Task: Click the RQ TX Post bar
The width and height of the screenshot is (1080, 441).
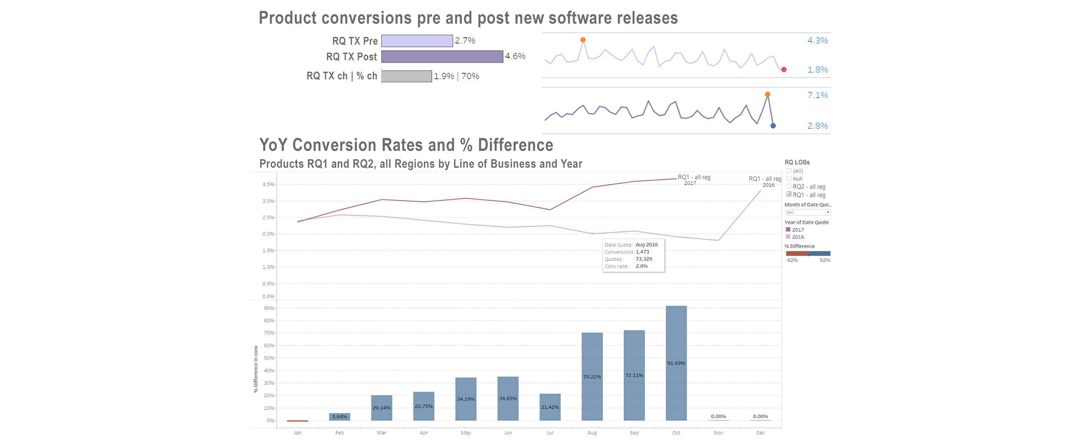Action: click(x=442, y=57)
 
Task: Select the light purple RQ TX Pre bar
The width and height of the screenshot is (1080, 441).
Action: click(x=417, y=41)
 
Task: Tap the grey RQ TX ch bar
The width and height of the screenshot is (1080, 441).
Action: click(x=406, y=76)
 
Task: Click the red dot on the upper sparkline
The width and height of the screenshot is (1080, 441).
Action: click(x=784, y=70)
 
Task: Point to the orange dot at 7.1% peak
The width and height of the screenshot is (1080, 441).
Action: click(x=767, y=94)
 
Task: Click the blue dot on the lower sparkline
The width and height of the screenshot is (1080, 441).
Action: click(x=773, y=125)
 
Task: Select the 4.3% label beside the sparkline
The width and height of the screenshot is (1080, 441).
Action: click(x=817, y=41)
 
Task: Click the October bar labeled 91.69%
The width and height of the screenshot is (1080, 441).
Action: click(x=676, y=363)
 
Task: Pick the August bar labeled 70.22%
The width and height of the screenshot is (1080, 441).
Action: click(x=591, y=376)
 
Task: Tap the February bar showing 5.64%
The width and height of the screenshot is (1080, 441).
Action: click(x=339, y=416)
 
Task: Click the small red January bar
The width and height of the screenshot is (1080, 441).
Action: click(x=297, y=421)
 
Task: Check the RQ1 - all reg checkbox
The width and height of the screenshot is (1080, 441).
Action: click(x=789, y=194)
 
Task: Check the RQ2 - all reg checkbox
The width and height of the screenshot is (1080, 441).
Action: click(x=789, y=186)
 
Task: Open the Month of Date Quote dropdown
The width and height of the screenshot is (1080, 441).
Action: click(x=807, y=212)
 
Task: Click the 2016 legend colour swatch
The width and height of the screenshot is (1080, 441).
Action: click(x=788, y=237)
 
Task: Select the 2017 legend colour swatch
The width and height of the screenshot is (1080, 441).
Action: click(x=788, y=229)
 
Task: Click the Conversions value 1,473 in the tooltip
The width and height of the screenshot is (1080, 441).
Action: click(x=642, y=252)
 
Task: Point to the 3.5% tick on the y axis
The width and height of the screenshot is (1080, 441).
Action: click(x=268, y=184)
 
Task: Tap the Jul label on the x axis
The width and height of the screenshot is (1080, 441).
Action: click(x=550, y=432)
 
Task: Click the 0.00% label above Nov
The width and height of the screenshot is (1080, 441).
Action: click(x=718, y=416)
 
